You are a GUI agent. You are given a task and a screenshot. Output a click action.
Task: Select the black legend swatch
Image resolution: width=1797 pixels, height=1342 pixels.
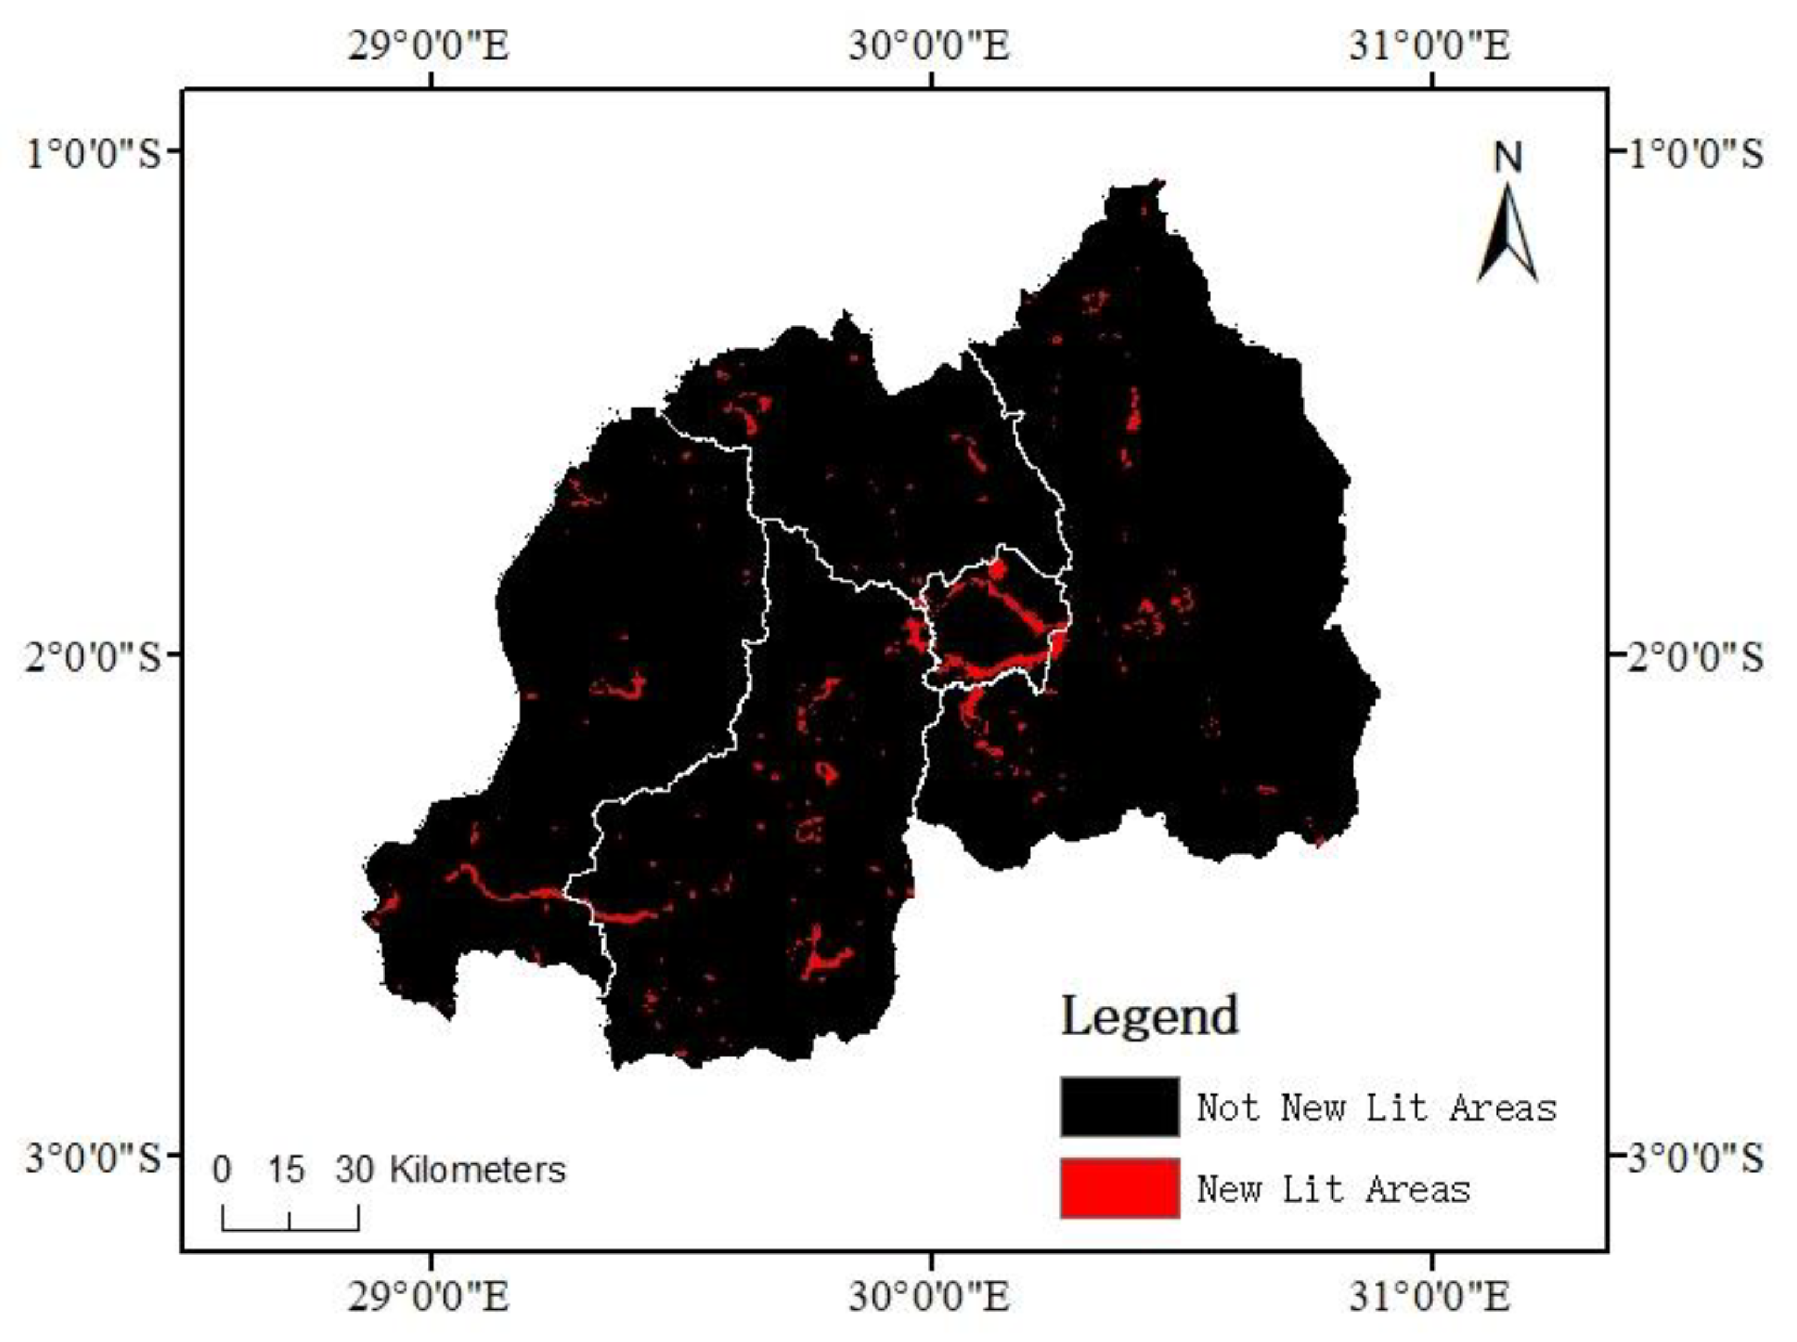coord(1119,1106)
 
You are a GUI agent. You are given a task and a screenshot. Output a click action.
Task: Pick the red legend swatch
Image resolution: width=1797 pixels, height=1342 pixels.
coord(1119,1188)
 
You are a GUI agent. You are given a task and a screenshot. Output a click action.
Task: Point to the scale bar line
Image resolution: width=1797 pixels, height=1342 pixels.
coord(290,1229)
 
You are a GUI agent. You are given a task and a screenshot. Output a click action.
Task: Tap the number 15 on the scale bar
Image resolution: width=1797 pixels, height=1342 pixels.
coord(286,1170)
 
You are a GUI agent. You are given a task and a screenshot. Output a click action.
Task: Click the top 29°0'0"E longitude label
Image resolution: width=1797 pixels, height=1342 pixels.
coord(429,45)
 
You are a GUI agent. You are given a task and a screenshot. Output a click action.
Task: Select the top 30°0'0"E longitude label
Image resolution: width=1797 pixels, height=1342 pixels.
coord(930,45)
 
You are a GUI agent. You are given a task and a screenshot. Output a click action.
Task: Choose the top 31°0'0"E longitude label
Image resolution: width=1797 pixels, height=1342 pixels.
coord(1430,45)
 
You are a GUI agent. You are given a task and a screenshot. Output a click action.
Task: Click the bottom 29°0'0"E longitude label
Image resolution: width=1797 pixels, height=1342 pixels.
coord(429,1296)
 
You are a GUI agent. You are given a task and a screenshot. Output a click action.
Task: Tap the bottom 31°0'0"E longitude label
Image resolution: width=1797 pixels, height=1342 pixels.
coord(1430,1296)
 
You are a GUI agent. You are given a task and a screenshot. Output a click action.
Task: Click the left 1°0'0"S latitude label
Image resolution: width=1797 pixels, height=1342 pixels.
coord(93,152)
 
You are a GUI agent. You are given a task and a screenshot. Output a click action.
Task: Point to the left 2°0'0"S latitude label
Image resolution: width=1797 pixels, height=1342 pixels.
coord(93,655)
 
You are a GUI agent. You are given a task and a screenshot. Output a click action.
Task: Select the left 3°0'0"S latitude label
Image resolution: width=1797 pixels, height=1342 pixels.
coord(93,1157)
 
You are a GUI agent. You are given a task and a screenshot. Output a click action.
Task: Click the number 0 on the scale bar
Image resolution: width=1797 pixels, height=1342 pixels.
coord(222,1170)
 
